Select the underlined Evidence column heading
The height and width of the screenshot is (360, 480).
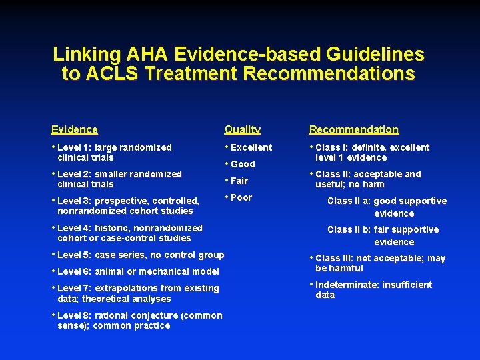point(75,130)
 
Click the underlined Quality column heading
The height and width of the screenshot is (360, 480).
point(243,130)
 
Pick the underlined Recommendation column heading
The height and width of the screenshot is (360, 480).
point(354,130)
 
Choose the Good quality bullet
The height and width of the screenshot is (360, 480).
point(243,164)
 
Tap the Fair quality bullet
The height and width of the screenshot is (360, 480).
point(239,181)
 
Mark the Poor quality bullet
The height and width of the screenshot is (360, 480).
point(241,197)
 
